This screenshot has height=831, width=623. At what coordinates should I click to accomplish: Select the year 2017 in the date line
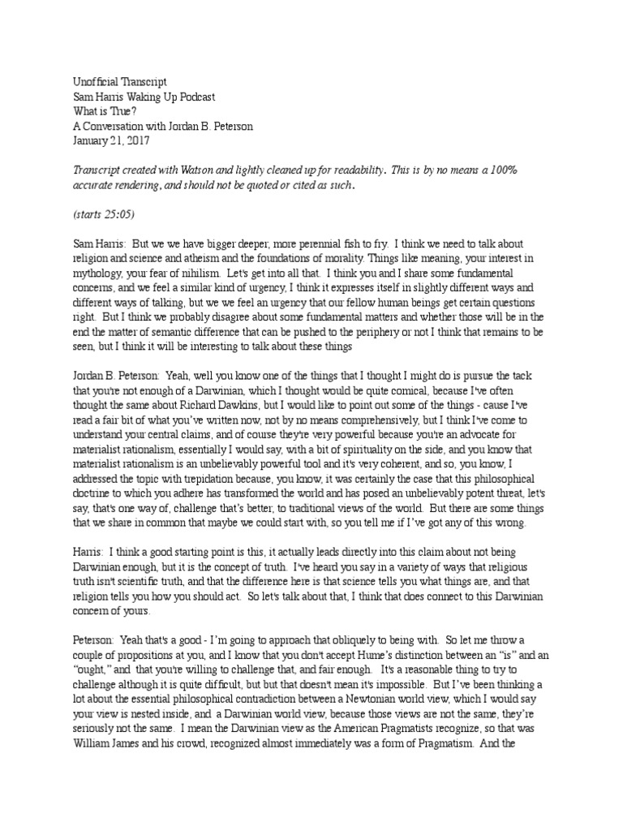[x=134, y=140]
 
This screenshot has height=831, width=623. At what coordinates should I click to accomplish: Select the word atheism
[x=208, y=257]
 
